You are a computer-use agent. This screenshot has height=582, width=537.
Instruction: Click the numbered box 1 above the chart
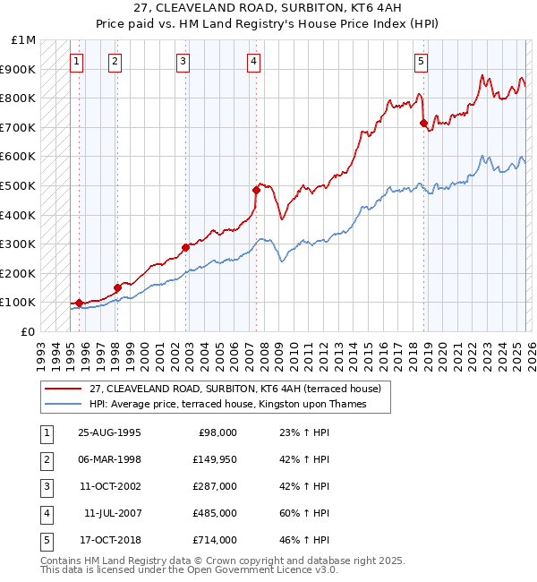point(77,62)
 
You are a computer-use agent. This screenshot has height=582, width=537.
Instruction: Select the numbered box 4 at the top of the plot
point(254,62)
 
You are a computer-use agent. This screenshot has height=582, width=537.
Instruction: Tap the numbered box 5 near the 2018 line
point(421,62)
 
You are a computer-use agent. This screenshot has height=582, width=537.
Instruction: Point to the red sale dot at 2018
point(423,124)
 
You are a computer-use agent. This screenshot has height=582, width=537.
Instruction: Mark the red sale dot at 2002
point(185,247)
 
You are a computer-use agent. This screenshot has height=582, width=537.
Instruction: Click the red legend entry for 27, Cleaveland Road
point(235,389)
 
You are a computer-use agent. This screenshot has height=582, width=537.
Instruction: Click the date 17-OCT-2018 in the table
point(108,541)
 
